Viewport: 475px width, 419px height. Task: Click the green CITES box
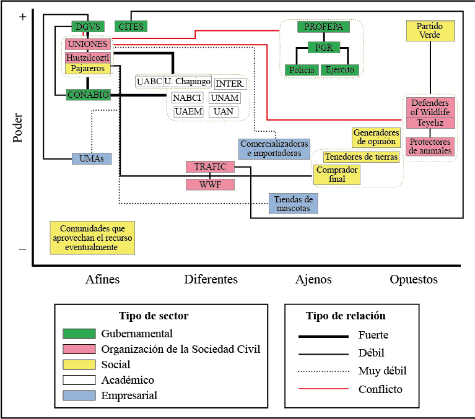[131, 27]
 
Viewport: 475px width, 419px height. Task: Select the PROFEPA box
[323, 27]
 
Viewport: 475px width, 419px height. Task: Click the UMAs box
[92, 158]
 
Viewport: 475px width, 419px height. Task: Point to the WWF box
[210, 184]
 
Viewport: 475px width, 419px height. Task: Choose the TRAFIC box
[210, 166]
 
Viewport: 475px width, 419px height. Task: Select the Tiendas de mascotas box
[294, 204]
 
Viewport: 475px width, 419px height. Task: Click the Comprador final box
[337, 175]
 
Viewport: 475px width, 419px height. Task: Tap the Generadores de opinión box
[376, 137]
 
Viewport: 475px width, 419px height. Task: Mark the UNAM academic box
[224, 98]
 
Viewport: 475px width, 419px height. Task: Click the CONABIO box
[88, 95]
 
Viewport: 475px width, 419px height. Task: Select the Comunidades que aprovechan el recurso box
[93, 238]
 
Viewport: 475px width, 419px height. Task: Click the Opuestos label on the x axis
[414, 280]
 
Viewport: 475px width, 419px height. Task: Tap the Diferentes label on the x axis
[211, 280]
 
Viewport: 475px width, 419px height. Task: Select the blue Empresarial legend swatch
[79, 395]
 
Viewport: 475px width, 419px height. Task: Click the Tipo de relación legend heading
[346, 316]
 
